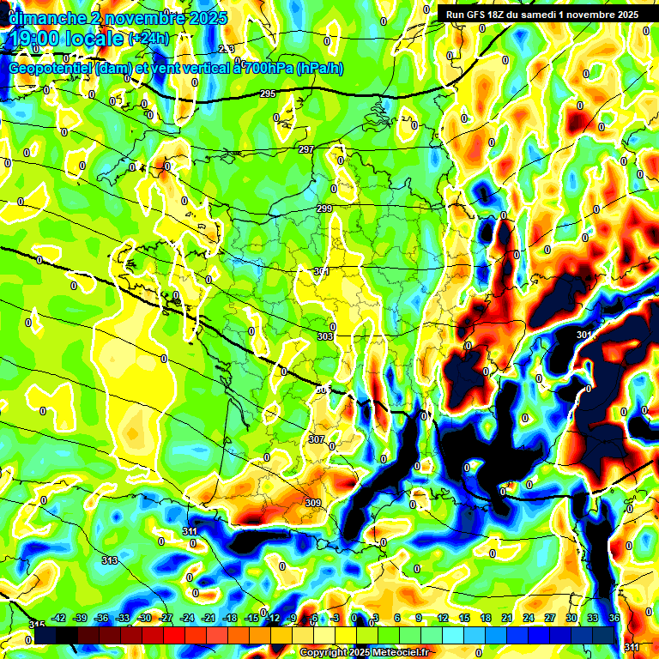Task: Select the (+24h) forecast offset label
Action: [x=148, y=39]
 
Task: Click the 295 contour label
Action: [x=268, y=94]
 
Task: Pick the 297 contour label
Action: [x=306, y=150]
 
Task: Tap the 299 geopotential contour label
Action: [x=324, y=209]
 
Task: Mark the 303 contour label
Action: [x=325, y=337]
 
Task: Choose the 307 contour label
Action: [x=317, y=439]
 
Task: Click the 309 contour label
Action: [x=312, y=503]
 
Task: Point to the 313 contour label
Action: [x=110, y=560]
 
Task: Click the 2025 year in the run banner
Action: [x=625, y=14]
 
